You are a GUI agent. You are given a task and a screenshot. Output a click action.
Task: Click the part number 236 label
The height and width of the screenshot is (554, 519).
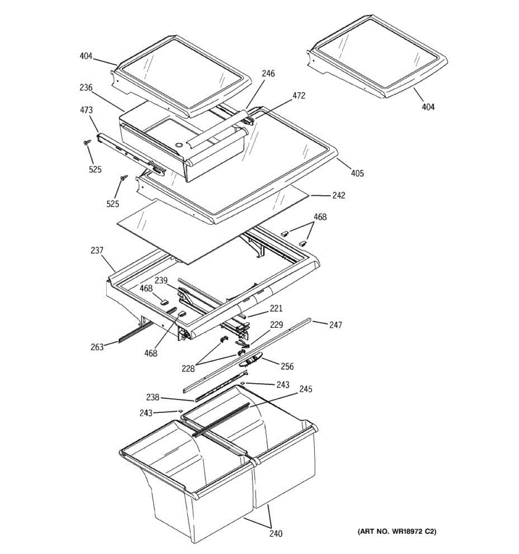(x=86, y=88)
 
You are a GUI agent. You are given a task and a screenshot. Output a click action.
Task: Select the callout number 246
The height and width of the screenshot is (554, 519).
(x=268, y=73)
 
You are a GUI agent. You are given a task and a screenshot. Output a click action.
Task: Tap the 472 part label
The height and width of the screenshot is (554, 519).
(x=298, y=96)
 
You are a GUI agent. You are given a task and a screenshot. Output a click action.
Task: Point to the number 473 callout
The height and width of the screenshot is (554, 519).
(x=86, y=110)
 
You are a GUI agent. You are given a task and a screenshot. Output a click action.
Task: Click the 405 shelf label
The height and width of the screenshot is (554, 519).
(x=357, y=174)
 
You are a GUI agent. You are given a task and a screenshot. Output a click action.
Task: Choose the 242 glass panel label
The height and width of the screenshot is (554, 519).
(x=339, y=195)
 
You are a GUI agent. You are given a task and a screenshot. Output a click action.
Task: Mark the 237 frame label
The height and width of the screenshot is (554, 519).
(x=97, y=251)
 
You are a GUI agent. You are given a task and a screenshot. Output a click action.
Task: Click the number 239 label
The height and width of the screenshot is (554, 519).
(x=161, y=280)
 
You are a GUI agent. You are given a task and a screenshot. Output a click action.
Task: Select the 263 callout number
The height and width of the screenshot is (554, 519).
(x=97, y=347)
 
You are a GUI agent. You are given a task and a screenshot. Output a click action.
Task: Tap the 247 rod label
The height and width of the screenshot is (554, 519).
(x=335, y=325)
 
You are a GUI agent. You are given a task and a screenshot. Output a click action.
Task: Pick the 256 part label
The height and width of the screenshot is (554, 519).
(x=286, y=367)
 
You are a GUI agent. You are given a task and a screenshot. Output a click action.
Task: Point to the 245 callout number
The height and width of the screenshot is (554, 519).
(x=305, y=389)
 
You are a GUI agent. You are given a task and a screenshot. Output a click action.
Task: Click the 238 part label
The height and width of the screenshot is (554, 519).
(x=153, y=397)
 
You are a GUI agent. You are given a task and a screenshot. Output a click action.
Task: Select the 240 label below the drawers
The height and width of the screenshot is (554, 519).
(x=276, y=534)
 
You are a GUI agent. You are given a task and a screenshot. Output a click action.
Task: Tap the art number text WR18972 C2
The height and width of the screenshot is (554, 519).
(x=397, y=532)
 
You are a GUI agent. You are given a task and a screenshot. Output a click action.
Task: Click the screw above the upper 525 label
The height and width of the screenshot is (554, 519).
(x=87, y=144)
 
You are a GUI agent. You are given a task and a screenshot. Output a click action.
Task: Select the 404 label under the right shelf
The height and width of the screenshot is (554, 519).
(x=428, y=107)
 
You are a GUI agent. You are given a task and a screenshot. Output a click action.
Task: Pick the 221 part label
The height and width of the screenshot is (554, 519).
(x=276, y=309)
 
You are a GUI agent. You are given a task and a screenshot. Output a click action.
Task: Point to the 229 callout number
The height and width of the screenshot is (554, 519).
(x=276, y=325)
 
